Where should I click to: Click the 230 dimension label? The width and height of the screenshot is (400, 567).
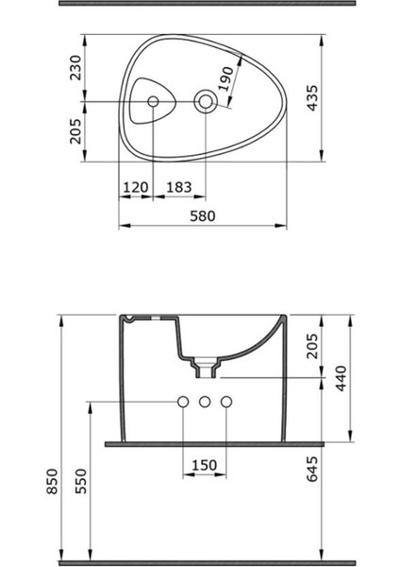[75, 68]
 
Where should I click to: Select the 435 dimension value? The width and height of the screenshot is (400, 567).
[312, 97]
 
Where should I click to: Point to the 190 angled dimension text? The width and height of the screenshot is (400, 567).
[226, 78]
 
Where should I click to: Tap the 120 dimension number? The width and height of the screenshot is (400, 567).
[136, 187]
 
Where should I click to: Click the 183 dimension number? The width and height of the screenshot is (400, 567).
[178, 187]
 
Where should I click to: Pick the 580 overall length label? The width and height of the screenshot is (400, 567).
[203, 215]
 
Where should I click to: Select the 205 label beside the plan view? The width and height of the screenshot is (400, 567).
[75, 131]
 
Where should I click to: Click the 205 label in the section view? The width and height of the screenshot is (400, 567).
[312, 346]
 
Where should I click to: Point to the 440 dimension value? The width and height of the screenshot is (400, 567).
[342, 378]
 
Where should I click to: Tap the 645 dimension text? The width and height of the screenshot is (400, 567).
[312, 469]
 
